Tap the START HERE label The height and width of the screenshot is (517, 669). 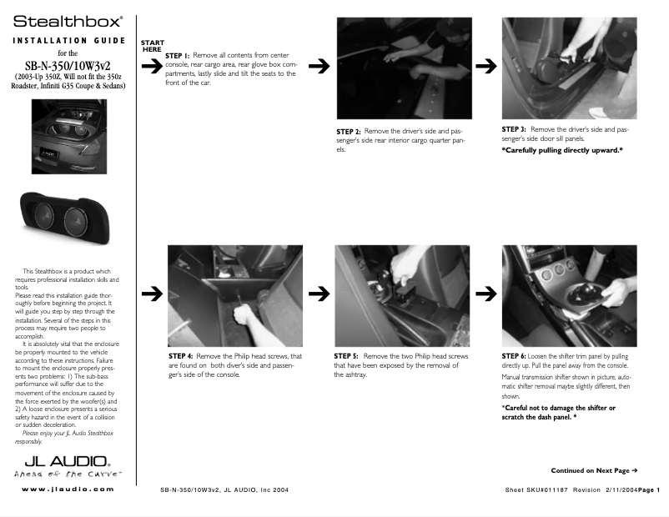(x=153, y=46)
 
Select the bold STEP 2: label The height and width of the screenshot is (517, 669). (x=348, y=132)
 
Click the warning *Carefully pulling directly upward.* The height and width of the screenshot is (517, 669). (x=562, y=150)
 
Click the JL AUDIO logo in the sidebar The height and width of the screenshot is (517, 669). (x=67, y=461)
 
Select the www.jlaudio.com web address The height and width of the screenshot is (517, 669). (x=68, y=489)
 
